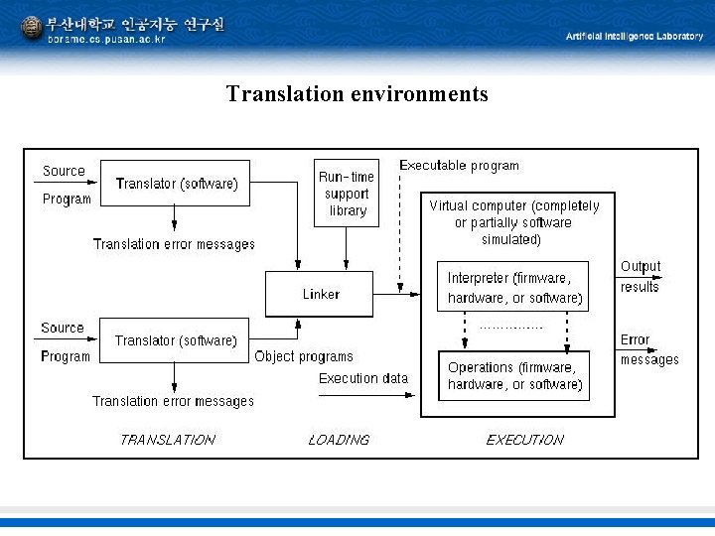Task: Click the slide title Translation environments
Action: tap(357, 94)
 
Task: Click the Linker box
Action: tap(319, 294)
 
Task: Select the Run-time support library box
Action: tap(347, 193)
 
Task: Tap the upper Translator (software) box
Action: tap(176, 183)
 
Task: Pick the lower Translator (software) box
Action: tap(175, 340)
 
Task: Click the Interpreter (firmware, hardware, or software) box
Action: tap(513, 288)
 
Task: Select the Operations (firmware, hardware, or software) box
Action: tap(513, 375)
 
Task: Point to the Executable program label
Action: tap(458, 166)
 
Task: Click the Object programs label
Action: tap(303, 356)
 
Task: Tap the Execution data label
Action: tap(362, 378)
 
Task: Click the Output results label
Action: tap(640, 276)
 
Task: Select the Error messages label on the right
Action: tap(648, 349)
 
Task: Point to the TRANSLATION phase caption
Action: tap(167, 439)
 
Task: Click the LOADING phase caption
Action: tap(339, 439)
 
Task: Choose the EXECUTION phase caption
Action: tap(524, 439)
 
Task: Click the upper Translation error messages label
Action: tap(174, 244)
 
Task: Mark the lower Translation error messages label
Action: tap(173, 401)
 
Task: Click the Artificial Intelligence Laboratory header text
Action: tap(634, 36)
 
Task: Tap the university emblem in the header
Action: tap(32, 28)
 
